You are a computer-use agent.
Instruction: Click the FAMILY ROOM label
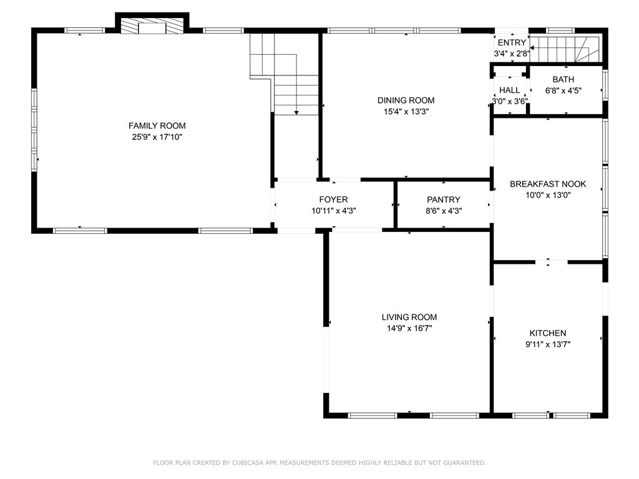pos(157,126)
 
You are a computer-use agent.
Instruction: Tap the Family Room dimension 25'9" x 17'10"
pos(157,137)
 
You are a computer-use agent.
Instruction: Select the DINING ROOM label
pos(406,100)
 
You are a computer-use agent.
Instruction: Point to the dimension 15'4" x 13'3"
pos(406,111)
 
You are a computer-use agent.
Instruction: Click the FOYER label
pos(333,200)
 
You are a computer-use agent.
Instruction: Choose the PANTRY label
pos(444,200)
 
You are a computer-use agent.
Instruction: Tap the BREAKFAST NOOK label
pos(548,184)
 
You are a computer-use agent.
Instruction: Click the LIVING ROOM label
pos(409,317)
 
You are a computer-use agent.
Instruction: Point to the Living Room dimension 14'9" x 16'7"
pos(409,328)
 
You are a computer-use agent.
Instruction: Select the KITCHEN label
pos(548,333)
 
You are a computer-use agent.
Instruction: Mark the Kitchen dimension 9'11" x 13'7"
pos(548,344)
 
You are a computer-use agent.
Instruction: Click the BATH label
pos(563,79)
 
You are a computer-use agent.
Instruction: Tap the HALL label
pos(509,90)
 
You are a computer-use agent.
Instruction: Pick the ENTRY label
pos(512,43)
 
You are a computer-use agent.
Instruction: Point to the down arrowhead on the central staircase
pos(296,112)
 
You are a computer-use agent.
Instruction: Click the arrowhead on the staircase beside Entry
pos(532,47)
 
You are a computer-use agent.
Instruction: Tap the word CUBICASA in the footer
pos(248,463)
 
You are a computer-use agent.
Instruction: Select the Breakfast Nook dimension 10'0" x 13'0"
pos(548,195)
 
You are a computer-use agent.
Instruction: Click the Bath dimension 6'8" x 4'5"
pos(563,90)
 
